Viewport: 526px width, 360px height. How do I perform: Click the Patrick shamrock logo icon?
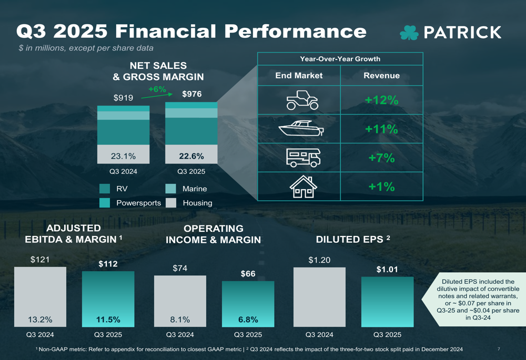tap(409, 33)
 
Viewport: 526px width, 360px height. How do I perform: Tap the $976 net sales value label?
tap(191, 95)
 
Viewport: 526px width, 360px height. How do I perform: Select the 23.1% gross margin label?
tap(124, 156)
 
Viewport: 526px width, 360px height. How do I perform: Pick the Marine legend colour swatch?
tap(171, 189)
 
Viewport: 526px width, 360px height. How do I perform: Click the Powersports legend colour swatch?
tap(105, 203)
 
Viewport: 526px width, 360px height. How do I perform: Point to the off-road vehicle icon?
tap(302, 100)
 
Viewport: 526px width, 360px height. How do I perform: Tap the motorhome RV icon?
tap(302, 158)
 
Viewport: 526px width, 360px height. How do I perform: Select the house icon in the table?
tap(304, 187)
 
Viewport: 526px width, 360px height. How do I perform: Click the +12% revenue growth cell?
tap(382, 100)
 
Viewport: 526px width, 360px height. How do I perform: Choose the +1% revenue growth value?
tap(382, 187)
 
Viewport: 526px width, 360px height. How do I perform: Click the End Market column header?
tap(299, 76)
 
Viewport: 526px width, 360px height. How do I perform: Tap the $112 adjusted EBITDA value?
tap(108, 264)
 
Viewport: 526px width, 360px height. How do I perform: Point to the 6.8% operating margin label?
tap(248, 320)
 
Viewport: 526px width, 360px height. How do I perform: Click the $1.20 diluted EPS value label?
tap(319, 260)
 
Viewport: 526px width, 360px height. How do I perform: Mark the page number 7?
tap(498, 349)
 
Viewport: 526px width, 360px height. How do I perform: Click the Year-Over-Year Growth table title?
tap(340, 59)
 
